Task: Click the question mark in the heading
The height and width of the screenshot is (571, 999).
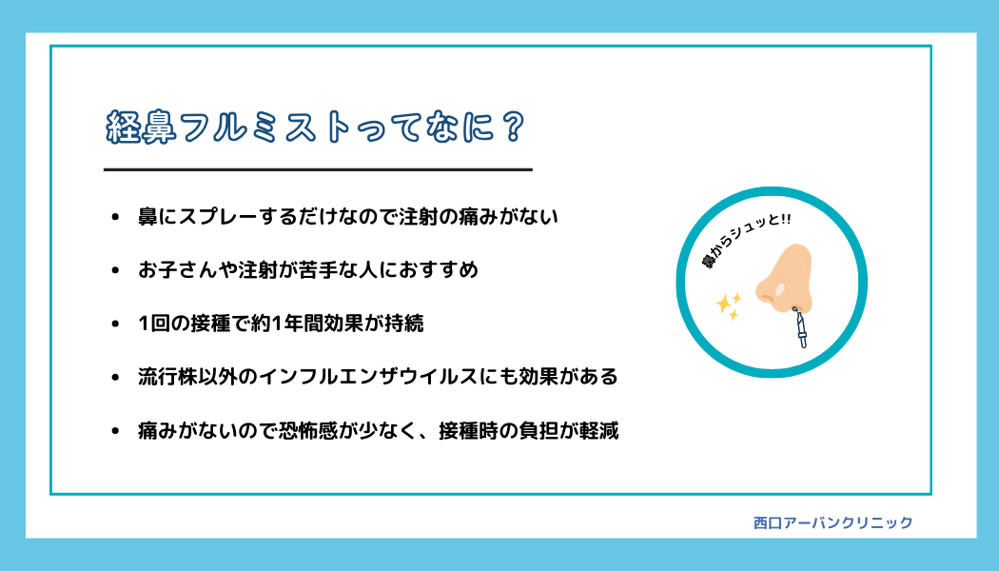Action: [512, 127]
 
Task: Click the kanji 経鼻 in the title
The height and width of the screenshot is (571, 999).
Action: [141, 128]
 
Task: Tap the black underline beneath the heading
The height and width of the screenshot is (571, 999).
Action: [318, 169]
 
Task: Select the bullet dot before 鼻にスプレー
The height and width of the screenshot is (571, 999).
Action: [115, 217]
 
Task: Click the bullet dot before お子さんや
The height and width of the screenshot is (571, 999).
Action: [115, 271]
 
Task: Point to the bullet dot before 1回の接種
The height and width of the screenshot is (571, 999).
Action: [115, 325]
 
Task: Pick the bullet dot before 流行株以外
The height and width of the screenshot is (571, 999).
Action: [115, 378]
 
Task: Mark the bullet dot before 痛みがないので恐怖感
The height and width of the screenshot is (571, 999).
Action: [115, 431]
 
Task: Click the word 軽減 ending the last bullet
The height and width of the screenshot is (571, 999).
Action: [598, 431]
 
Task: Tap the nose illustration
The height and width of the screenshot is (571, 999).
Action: [784, 279]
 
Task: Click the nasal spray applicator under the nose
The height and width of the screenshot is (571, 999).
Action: [799, 327]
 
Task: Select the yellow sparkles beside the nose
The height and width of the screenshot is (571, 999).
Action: [728, 305]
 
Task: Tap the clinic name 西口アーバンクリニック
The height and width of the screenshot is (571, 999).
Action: [832, 522]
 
